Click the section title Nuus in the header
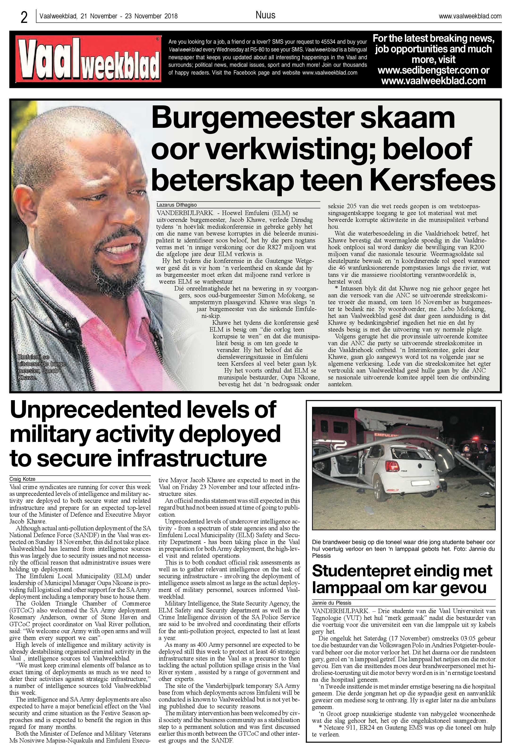(x=265, y=15)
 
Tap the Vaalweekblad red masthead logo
(x=89, y=59)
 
